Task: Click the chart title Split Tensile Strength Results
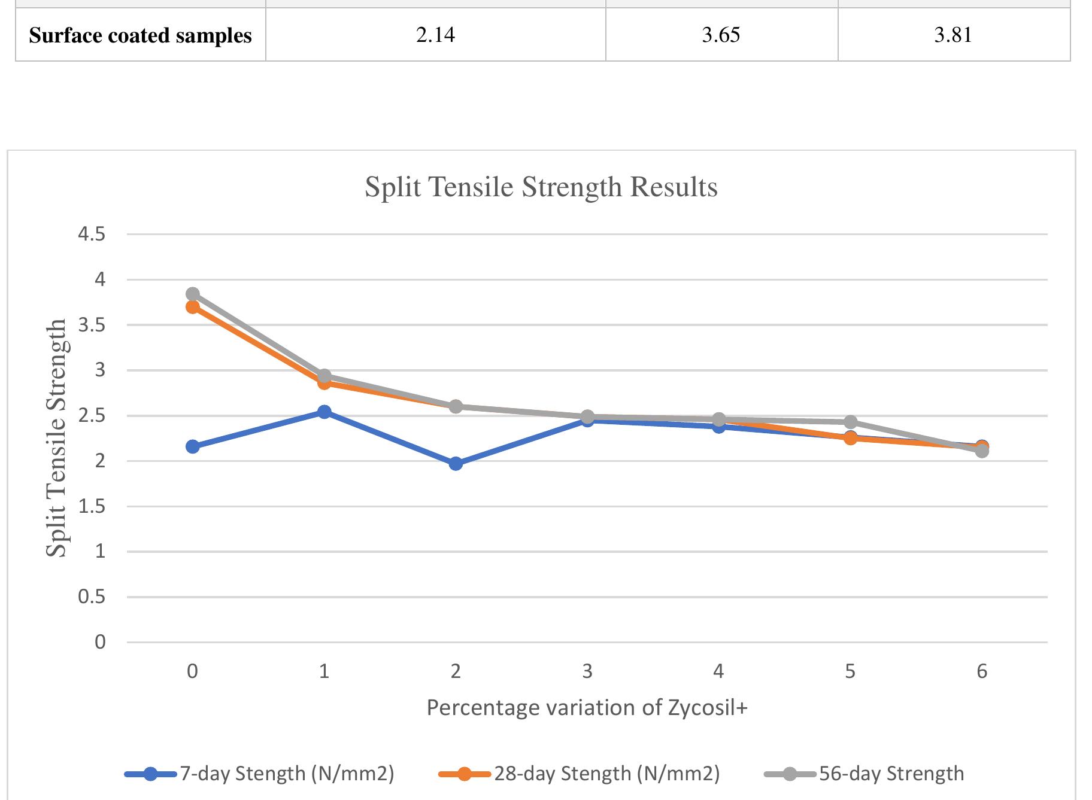click(x=541, y=187)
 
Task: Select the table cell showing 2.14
click(x=435, y=35)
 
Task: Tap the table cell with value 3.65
click(x=721, y=35)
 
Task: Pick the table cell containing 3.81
click(x=953, y=35)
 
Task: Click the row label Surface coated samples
click(x=140, y=35)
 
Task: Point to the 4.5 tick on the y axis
click(x=91, y=234)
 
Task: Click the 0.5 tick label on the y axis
click(x=91, y=597)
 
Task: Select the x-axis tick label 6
click(x=982, y=671)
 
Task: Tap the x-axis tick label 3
click(x=587, y=671)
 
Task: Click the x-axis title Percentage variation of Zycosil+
click(x=587, y=708)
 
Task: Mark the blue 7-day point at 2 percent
click(x=456, y=464)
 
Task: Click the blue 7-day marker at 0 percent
click(x=193, y=446)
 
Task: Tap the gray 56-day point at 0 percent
click(x=193, y=294)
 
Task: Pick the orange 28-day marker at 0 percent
click(x=193, y=308)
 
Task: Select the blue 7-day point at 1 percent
click(x=324, y=412)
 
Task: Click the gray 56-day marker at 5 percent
click(x=850, y=422)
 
